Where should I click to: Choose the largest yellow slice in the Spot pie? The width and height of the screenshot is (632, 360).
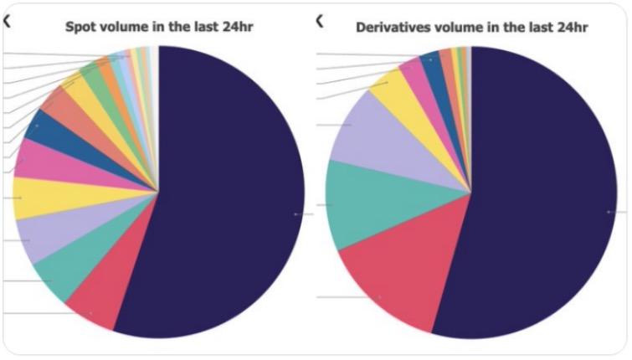click(38, 198)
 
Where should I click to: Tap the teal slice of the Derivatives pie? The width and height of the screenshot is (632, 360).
click(360, 205)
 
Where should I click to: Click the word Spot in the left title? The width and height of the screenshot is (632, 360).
click(81, 27)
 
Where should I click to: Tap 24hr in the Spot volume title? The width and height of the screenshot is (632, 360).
click(236, 27)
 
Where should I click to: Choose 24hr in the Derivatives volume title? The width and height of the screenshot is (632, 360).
click(569, 27)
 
